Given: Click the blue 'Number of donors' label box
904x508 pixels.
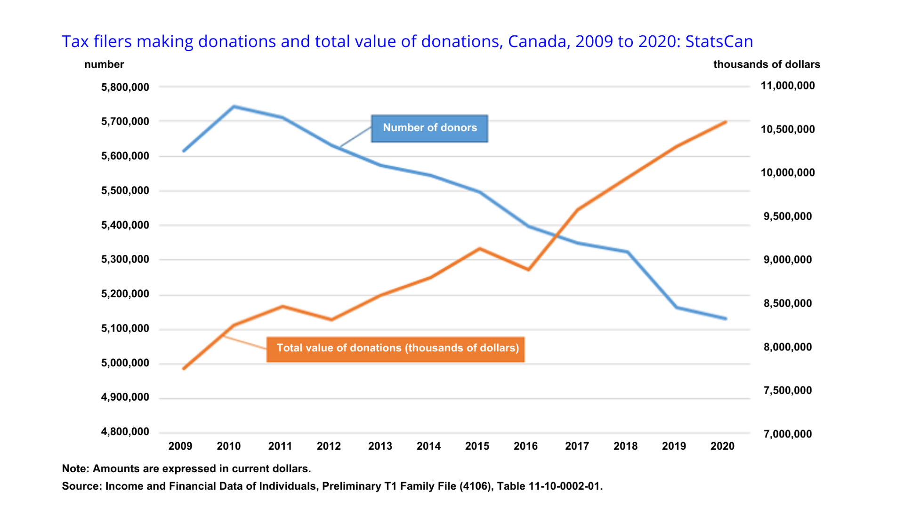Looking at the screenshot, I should tap(429, 128).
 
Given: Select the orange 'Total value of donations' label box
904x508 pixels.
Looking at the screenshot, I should tap(395, 349).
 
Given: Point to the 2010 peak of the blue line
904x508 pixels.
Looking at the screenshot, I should tap(234, 106).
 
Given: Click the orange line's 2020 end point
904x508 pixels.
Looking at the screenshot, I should tap(726, 122).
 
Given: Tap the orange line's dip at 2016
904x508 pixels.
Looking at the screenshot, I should tap(528, 270).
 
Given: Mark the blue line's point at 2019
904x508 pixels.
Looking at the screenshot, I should tap(677, 308).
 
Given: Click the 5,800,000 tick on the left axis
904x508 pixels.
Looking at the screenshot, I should tap(125, 87).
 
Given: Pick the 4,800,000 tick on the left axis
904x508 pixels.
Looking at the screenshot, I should tap(125, 432).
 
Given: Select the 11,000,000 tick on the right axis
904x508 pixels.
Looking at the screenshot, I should tap(788, 86).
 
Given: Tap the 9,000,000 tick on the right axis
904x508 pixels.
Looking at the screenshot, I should tap(788, 260).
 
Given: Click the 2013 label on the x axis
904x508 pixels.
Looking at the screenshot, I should tap(380, 446).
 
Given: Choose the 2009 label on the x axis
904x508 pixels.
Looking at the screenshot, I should tap(180, 446).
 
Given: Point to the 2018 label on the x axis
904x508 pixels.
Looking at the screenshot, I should tap(625, 446).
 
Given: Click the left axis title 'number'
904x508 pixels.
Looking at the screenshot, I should tap(104, 64).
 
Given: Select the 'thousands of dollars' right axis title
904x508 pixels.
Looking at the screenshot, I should tap(767, 64).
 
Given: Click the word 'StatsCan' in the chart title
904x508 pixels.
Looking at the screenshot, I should tap(719, 41).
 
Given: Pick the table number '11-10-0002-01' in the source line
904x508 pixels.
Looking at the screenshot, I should tap(565, 486).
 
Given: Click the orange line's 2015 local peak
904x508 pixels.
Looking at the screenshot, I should tap(480, 248).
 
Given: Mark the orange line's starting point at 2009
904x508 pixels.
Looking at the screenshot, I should tap(184, 368).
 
